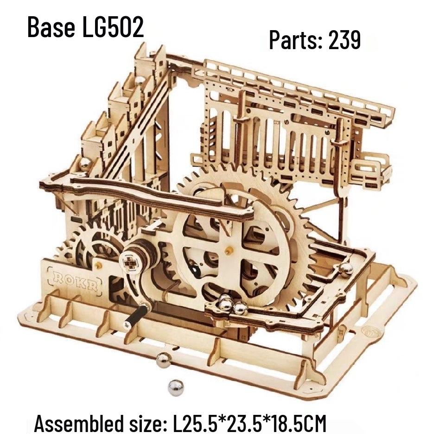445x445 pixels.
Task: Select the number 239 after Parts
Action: (344, 41)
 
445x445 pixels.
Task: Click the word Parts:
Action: (296, 41)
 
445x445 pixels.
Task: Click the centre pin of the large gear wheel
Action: (227, 249)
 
